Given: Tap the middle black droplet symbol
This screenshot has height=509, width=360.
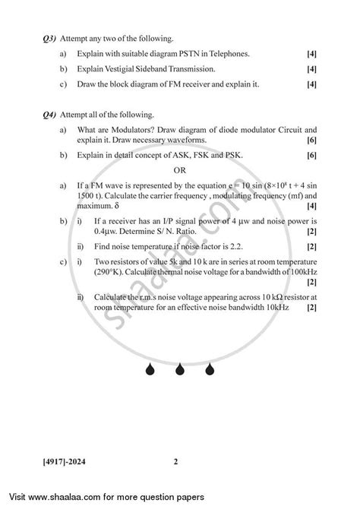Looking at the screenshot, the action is tap(181, 393).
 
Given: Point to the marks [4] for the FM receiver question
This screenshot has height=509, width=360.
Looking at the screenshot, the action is tap(311, 84).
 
